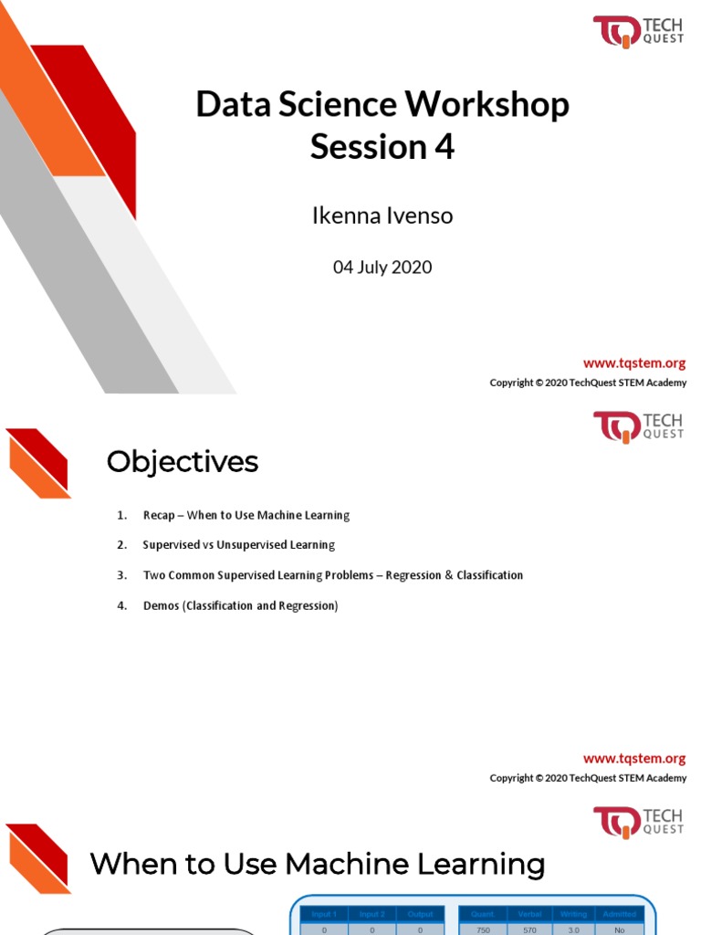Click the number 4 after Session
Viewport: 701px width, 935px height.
point(445,147)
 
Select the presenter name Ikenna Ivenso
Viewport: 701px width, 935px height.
point(382,216)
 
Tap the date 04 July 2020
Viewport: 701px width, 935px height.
point(382,268)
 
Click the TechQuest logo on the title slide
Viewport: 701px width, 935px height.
point(638,32)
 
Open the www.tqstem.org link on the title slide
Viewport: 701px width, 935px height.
point(634,363)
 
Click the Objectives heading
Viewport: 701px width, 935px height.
point(183,462)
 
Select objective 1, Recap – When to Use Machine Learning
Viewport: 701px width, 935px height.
point(246,515)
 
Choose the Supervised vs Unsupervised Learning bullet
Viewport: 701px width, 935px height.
point(239,545)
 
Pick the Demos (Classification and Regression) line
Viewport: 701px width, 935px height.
point(240,605)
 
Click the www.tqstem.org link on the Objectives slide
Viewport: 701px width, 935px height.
point(634,759)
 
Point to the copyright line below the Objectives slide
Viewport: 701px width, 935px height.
point(588,778)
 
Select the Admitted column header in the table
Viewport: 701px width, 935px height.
point(620,914)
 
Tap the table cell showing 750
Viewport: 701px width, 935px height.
point(483,930)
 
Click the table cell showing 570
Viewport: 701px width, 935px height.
point(529,930)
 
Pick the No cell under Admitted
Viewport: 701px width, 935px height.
point(620,930)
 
